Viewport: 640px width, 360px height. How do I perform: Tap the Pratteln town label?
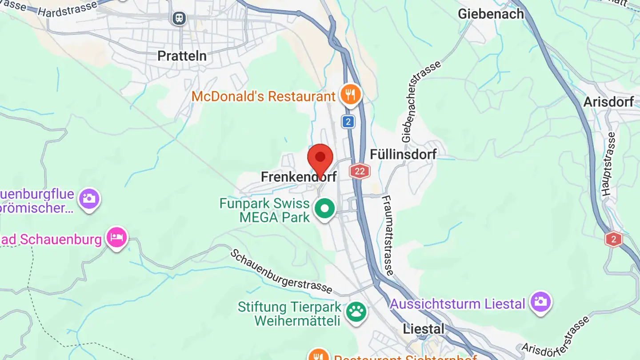click(182, 56)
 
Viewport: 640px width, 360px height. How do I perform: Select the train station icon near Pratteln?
click(179, 18)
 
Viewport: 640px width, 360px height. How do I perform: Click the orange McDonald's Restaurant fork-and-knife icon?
click(351, 95)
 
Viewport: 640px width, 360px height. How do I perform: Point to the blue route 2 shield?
click(348, 122)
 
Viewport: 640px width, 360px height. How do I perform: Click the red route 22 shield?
click(360, 171)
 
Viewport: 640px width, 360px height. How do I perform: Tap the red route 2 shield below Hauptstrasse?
click(613, 240)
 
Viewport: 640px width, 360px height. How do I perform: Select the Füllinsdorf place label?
click(404, 154)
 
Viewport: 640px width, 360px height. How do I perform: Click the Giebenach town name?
click(491, 14)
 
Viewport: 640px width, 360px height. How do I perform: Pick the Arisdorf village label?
click(608, 102)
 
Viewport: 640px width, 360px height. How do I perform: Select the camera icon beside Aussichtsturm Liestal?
click(540, 302)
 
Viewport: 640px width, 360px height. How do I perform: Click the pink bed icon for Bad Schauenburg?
click(117, 237)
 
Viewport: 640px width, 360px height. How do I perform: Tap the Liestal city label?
click(424, 329)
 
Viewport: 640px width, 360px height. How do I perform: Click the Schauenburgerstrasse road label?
click(281, 271)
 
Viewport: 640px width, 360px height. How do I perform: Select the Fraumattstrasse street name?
click(388, 235)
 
